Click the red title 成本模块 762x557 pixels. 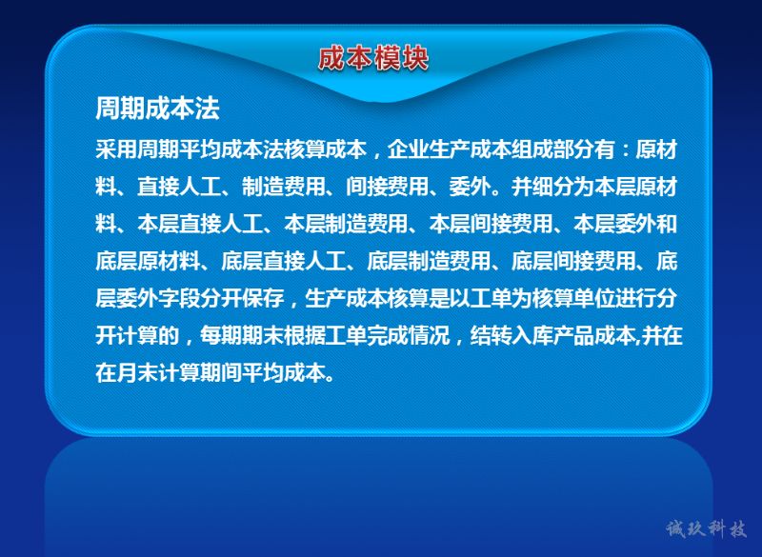point(373,58)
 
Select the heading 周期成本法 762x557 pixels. point(157,108)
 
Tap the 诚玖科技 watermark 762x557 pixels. point(706,528)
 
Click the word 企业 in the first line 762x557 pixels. point(408,149)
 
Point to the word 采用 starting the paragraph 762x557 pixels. point(115,149)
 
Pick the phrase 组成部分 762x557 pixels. point(553,149)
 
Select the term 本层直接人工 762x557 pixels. point(200,224)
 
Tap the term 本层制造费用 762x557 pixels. point(346,224)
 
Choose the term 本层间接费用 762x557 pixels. point(491,224)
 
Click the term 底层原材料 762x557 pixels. point(148,261)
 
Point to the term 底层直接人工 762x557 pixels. point(283,261)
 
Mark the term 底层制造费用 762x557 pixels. point(428,261)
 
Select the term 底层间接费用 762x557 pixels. point(573,261)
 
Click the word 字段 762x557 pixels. point(179,298)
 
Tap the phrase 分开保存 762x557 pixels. point(242,298)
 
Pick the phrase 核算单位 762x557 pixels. point(573,298)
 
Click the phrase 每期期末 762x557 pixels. point(242,335)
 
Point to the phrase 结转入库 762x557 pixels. point(511,335)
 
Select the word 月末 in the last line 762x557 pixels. point(136,373)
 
